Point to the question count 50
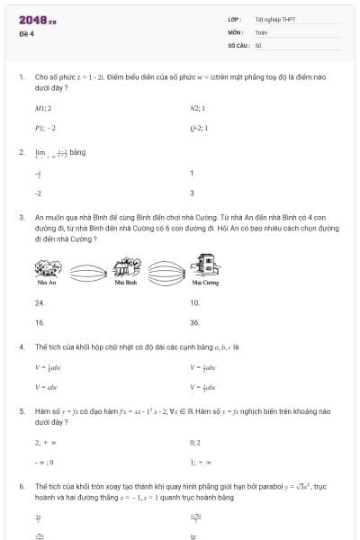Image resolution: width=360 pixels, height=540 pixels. point(258,44)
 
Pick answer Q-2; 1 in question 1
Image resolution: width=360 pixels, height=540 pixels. point(199,128)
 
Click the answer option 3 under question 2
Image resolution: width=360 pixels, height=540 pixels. point(192,193)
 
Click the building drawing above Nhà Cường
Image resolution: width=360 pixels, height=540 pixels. point(205,265)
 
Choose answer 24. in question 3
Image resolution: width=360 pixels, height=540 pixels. point(40,302)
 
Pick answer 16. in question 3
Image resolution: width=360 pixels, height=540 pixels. point(40,321)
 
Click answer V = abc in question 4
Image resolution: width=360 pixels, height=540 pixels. point(44,387)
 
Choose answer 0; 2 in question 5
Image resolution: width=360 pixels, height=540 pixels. point(195,443)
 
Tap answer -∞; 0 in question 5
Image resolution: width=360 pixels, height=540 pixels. point(44,462)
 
